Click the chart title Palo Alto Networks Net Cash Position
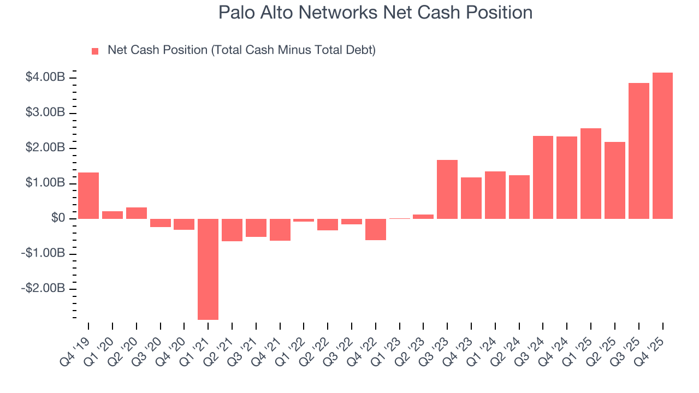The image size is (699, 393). [375, 13]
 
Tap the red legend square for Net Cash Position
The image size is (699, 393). [95, 51]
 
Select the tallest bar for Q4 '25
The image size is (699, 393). [662, 145]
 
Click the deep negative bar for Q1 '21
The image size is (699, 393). [208, 269]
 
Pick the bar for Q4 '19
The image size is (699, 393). [88, 195]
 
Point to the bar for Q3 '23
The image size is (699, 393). [447, 189]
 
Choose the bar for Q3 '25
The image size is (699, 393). [638, 151]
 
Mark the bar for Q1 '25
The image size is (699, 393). [591, 174]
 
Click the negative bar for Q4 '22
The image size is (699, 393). [376, 229]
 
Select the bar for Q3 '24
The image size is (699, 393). [543, 177]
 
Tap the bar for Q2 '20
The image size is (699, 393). [137, 213]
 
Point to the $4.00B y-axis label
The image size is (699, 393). [45, 78]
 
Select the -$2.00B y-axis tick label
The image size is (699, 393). [44, 288]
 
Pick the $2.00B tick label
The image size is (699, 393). [45, 148]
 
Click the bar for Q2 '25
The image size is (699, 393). [614, 180]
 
